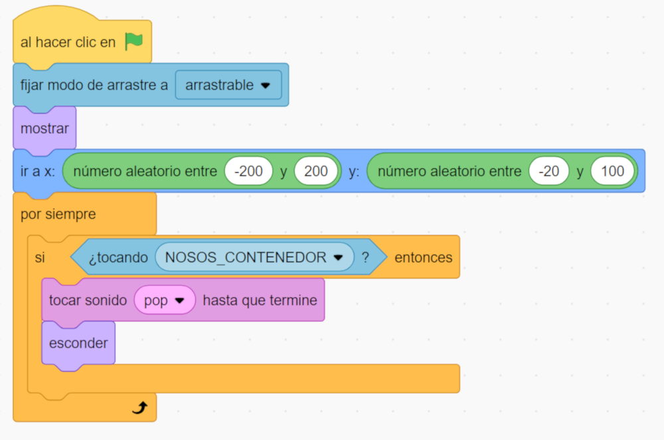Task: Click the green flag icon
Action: point(134,42)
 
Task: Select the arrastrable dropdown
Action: point(228,85)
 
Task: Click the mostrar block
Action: point(44,128)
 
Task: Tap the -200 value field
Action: point(250,171)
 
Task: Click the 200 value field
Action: point(316,171)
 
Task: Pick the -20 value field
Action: point(548,171)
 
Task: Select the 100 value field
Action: point(612,171)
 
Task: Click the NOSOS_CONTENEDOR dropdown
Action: point(254,257)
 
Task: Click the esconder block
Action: point(78,343)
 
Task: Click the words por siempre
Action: point(58,215)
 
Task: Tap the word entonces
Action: point(423,257)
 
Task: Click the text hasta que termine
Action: point(260,300)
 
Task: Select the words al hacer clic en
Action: point(68,43)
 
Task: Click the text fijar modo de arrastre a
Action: point(94,86)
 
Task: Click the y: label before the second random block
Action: point(353,171)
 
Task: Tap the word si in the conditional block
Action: point(40,257)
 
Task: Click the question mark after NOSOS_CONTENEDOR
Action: point(365,257)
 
